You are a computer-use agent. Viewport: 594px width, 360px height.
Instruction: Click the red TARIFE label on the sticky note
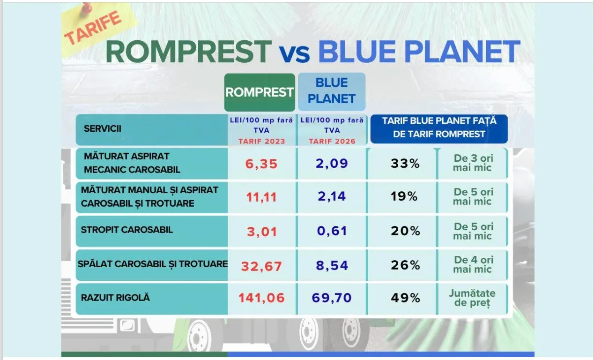pos(93,28)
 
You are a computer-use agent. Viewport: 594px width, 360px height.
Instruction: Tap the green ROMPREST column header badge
pos(260,92)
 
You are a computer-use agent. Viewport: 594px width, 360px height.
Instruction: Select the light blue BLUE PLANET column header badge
pos(332,91)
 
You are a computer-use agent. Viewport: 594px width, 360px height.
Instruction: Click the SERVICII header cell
pos(152,129)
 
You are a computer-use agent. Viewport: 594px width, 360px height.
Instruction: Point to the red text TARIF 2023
pos(262,141)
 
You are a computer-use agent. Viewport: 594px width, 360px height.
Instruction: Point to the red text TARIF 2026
pos(332,141)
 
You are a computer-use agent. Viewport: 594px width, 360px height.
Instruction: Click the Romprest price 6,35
pos(261,164)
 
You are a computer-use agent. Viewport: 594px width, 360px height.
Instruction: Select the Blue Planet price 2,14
pos(332,196)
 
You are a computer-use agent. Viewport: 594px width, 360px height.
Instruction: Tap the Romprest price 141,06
pos(261,298)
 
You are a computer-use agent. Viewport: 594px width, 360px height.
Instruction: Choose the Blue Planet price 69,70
pos(332,298)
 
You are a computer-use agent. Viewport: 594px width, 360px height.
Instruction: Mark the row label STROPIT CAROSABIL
pos(127,230)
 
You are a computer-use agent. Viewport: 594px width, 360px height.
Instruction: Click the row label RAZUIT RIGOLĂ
pos(115,298)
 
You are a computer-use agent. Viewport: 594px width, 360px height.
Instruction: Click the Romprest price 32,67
pos(261,266)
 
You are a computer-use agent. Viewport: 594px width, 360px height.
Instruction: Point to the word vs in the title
pos(294,53)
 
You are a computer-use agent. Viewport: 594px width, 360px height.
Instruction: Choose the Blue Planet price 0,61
pos(332,231)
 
